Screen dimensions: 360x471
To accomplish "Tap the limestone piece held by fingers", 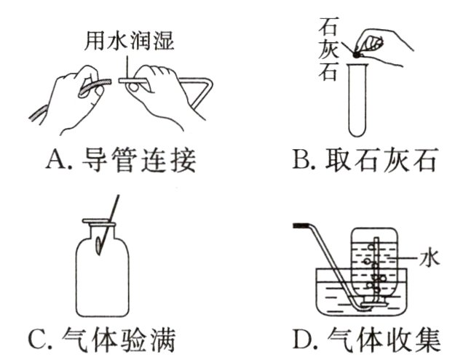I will point(356,55).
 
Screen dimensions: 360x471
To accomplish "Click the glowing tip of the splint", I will point(99,245).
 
